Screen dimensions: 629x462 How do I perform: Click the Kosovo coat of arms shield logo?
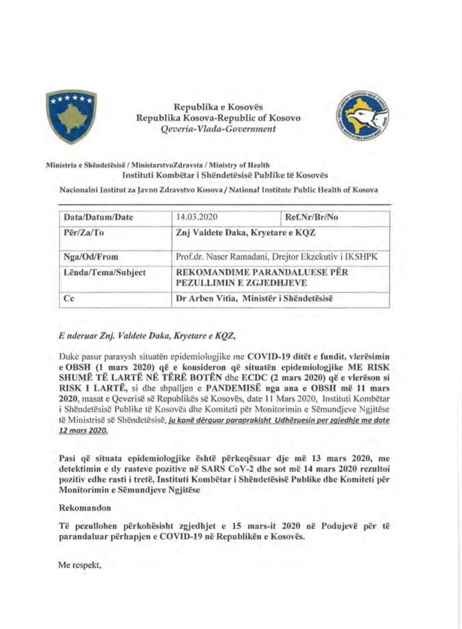(x=71, y=116)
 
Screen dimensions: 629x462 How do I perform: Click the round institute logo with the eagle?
(x=363, y=115)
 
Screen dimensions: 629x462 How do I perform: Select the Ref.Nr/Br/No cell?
(x=311, y=217)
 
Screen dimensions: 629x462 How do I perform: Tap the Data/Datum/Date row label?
(x=98, y=217)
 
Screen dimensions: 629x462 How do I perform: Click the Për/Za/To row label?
(x=83, y=232)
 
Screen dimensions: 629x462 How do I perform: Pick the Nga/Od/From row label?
(x=91, y=257)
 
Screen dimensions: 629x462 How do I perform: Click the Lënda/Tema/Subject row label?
(x=104, y=273)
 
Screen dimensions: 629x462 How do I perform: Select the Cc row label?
(x=69, y=298)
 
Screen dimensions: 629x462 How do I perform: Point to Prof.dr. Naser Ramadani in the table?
(x=214, y=257)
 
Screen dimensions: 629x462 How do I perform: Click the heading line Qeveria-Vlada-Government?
(x=218, y=129)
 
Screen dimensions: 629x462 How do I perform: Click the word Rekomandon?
(x=85, y=508)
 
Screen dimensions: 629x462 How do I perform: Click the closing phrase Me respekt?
(x=80, y=564)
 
